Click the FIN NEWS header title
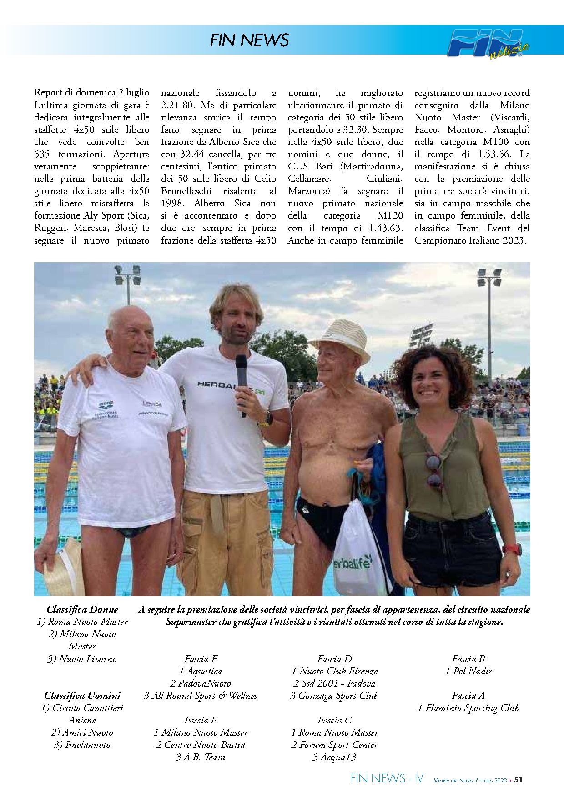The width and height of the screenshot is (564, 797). (249, 40)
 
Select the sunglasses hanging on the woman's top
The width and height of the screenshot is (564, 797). (433, 471)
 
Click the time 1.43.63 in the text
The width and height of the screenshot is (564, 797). (386, 228)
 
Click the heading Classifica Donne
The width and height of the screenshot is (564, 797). (82, 609)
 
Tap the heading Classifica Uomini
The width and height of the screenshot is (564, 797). (82, 696)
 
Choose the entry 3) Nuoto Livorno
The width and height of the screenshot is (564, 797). (82, 659)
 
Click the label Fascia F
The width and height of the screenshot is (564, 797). (201, 659)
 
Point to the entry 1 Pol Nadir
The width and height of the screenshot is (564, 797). (468, 671)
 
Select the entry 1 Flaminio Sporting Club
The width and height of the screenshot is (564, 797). (468, 708)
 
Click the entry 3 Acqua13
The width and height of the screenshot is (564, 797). (334, 757)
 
